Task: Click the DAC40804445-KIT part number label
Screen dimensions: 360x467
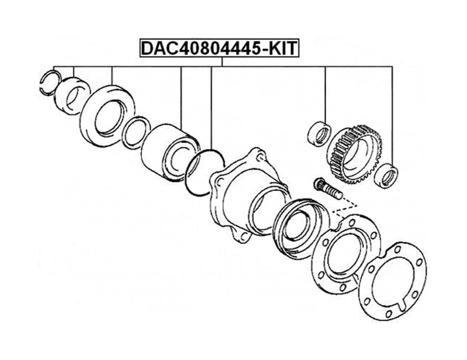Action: [219, 48]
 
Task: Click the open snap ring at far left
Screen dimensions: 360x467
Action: [50, 82]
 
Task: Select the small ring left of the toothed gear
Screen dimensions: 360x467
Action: [320, 134]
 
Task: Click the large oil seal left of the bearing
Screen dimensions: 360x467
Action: [107, 116]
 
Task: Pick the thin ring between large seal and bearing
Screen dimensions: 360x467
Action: [136, 133]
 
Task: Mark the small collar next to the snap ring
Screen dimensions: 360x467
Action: [72, 95]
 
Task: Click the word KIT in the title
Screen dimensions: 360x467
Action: [282, 48]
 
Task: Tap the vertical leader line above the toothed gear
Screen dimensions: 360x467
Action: [325, 93]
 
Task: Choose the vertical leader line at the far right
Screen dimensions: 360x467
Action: [392, 114]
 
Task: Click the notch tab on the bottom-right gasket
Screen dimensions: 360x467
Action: [403, 303]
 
